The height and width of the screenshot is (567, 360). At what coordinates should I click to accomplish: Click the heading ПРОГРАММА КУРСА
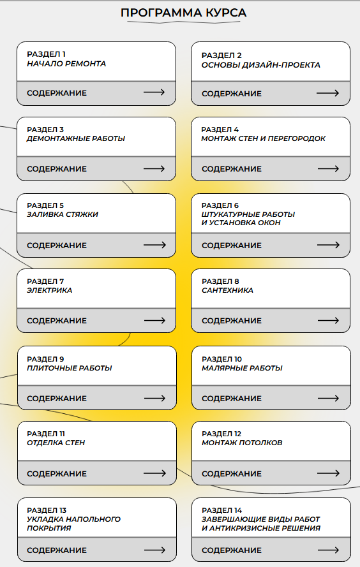(x=183, y=13)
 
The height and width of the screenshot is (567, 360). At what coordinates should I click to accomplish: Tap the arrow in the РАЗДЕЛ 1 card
(x=154, y=93)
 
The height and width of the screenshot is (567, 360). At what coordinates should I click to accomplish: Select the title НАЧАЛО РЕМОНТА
(x=66, y=64)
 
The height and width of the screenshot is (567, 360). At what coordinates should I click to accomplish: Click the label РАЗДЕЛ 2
(x=221, y=55)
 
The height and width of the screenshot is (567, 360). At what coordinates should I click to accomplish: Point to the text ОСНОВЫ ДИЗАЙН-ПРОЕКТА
(x=261, y=65)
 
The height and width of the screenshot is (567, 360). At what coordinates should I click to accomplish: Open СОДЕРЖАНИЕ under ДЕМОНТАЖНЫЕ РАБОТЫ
(x=57, y=169)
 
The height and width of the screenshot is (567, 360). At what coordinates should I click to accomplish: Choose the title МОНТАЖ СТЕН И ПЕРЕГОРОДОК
(x=264, y=138)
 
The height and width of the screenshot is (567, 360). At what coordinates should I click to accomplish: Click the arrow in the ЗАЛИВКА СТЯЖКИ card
(x=154, y=245)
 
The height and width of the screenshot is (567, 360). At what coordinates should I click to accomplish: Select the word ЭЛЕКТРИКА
(x=49, y=290)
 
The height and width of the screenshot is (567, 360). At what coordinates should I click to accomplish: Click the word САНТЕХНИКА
(x=227, y=290)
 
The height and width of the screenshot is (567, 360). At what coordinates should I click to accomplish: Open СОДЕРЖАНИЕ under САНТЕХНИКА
(x=232, y=321)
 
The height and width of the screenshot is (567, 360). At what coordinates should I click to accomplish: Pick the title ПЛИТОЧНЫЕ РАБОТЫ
(x=70, y=368)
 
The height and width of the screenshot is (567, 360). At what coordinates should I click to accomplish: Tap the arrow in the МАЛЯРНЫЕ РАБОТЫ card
(x=328, y=399)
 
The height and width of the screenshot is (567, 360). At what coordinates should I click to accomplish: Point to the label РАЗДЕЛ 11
(x=46, y=434)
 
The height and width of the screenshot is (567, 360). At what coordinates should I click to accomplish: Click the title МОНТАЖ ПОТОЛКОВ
(x=242, y=443)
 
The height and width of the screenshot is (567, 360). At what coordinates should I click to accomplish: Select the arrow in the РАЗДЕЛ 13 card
(x=154, y=550)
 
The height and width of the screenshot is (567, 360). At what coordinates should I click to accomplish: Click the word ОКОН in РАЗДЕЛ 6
(x=269, y=223)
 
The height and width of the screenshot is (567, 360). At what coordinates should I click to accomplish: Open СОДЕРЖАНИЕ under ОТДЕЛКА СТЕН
(x=57, y=474)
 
